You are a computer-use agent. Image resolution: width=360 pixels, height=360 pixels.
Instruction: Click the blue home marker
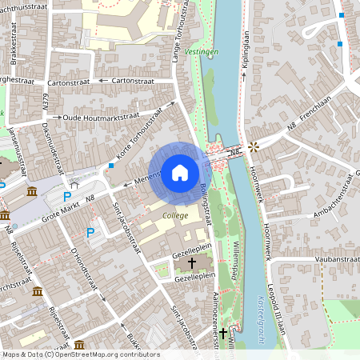(x=180, y=172)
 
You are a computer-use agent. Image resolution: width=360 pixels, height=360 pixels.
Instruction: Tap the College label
(x=175, y=215)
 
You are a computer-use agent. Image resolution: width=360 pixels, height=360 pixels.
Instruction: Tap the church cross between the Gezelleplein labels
(x=191, y=262)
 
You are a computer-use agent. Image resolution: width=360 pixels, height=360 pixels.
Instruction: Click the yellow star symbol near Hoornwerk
(x=254, y=146)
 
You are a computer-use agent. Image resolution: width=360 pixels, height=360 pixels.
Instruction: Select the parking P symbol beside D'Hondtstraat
(x=90, y=232)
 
